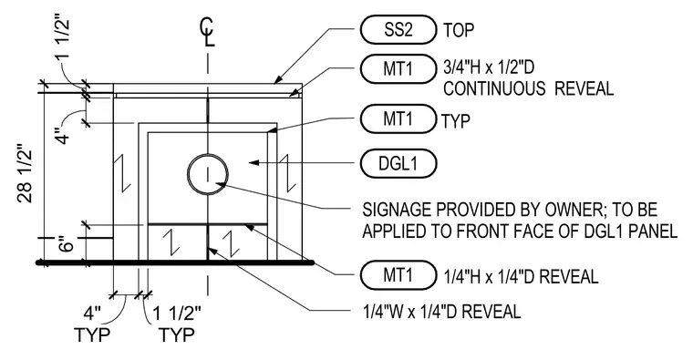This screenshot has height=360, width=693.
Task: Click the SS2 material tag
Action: pos(398,29)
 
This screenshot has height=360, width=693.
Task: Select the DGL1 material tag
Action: pos(398,163)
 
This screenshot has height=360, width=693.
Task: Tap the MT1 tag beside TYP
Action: pos(398,118)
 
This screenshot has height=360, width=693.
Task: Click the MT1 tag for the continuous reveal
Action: pos(398,68)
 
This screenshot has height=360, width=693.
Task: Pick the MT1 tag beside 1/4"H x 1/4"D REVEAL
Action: pos(398,274)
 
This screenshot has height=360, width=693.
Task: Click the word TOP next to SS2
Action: pos(459,30)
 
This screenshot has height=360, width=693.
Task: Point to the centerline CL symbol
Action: pos(208,32)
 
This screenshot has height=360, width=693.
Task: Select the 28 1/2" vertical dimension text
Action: pos(26,173)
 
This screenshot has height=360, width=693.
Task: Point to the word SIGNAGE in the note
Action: pos(398,210)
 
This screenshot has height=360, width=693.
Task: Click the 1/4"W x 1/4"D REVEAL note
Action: pos(441,312)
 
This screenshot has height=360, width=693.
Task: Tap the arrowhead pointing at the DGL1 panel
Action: pos(253,163)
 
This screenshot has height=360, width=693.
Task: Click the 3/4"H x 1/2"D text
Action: pos(489,67)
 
